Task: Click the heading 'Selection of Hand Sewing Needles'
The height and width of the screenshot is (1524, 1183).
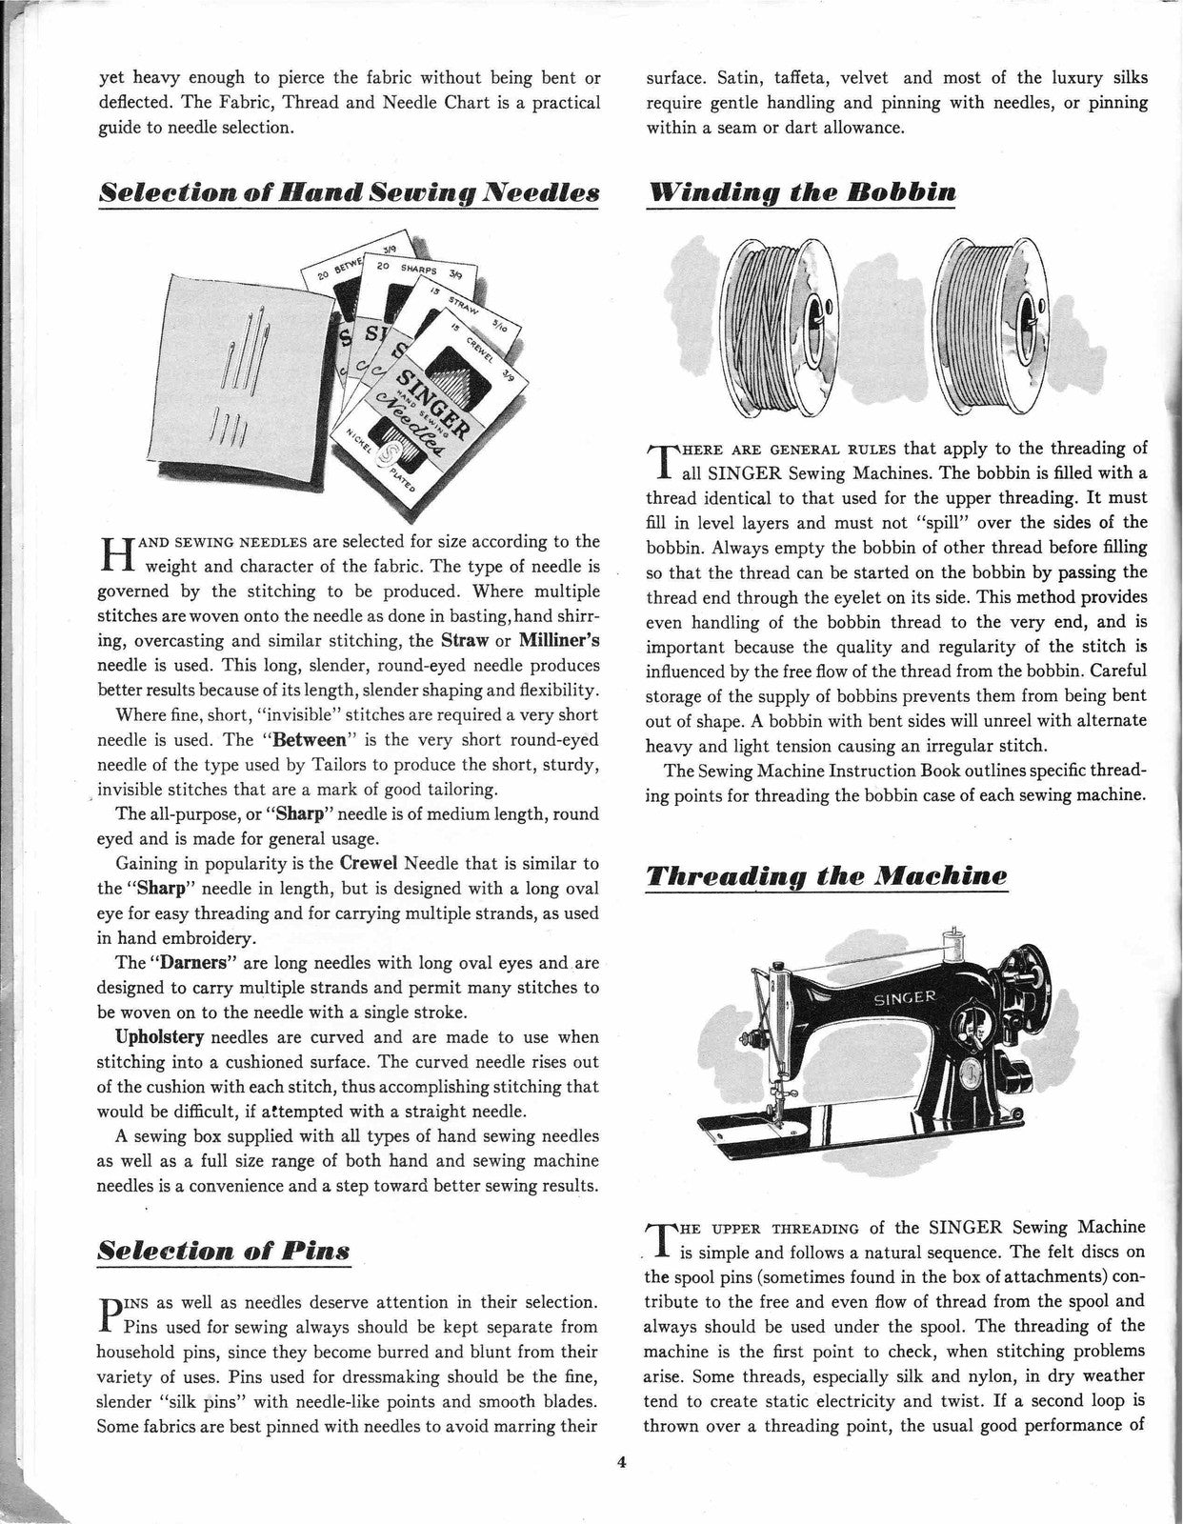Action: tap(349, 191)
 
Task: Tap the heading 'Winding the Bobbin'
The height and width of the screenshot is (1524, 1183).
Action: tap(800, 191)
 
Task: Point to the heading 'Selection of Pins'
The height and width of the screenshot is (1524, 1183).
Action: tap(224, 1249)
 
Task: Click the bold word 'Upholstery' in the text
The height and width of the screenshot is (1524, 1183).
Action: tap(141, 1037)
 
